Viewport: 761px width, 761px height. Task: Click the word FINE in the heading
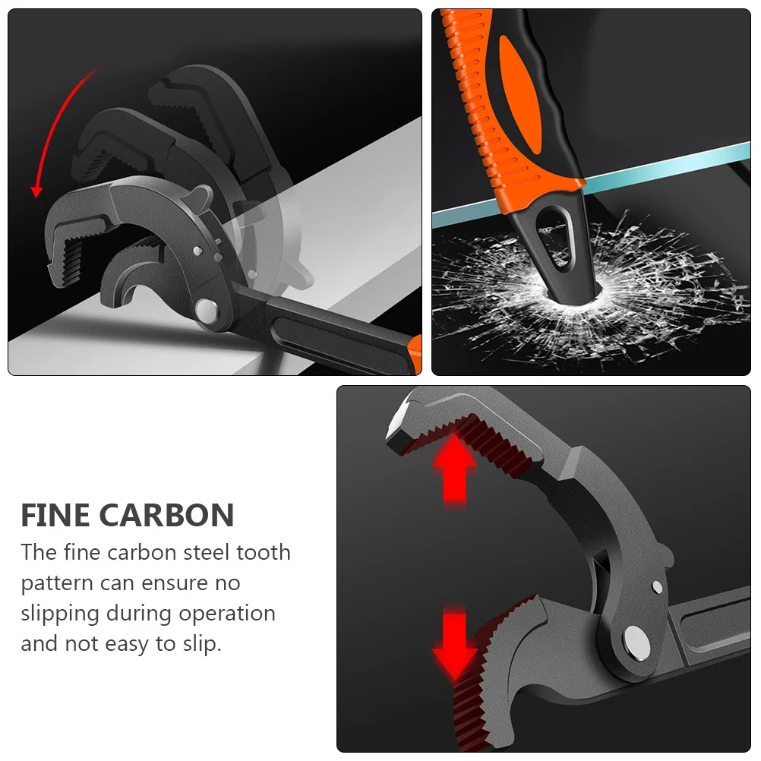pyautogui.click(x=55, y=515)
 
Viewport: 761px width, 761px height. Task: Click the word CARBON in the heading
pyautogui.click(x=167, y=515)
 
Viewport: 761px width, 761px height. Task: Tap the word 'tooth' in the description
pyautogui.click(x=264, y=552)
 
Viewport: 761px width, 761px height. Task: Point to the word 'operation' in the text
pyautogui.click(x=227, y=614)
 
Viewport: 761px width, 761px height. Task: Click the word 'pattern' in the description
pyautogui.click(x=57, y=583)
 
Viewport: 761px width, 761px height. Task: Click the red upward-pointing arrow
pyautogui.click(x=455, y=469)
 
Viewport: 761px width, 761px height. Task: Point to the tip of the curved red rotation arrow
pyautogui.click(x=36, y=197)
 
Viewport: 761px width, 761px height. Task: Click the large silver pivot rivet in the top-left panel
pyautogui.click(x=207, y=311)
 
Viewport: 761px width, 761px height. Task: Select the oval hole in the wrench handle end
pyautogui.click(x=553, y=238)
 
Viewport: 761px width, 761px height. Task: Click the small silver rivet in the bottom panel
pyautogui.click(x=657, y=587)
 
